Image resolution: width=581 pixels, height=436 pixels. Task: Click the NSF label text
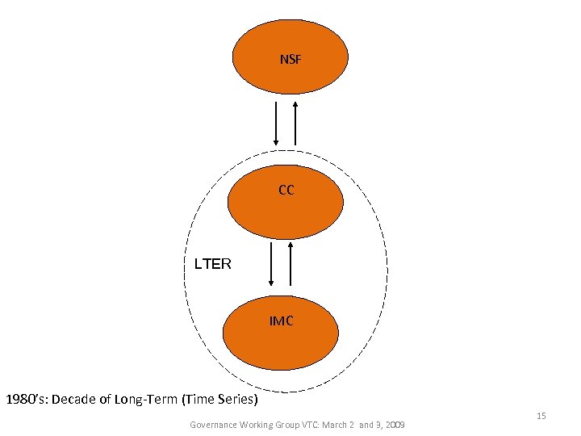[x=290, y=59]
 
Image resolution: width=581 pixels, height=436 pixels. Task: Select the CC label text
[x=286, y=191]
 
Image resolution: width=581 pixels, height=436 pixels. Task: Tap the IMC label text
[x=282, y=321]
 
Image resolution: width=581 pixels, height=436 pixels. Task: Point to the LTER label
[x=213, y=264]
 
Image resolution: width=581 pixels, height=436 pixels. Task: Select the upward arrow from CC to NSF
[x=295, y=124]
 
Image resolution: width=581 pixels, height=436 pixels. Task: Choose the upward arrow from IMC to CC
[x=290, y=262]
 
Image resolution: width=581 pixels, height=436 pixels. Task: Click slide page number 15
[x=541, y=416]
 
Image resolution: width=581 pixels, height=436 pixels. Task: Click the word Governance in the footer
[x=214, y=425]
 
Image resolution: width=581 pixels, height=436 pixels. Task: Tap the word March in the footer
[x=338, y=425]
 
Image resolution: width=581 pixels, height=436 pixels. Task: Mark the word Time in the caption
[x=202, y=399]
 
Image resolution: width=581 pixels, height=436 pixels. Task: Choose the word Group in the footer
[x=287, y=425]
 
